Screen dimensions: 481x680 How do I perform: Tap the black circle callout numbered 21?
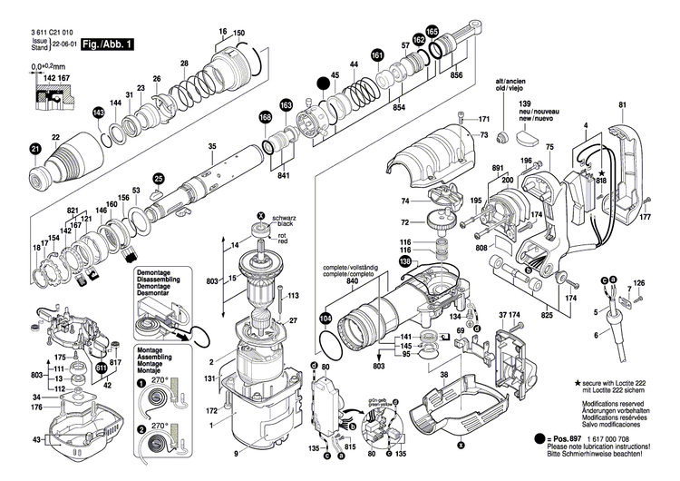click(35, 149)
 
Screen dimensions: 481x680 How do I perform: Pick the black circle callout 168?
click(265, 118)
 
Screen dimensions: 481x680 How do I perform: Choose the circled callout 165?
click(432, 32)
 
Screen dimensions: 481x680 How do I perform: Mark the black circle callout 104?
click(325, 319)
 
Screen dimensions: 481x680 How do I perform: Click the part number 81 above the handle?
click(622, 105)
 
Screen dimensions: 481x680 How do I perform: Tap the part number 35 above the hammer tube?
click(212, 147)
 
